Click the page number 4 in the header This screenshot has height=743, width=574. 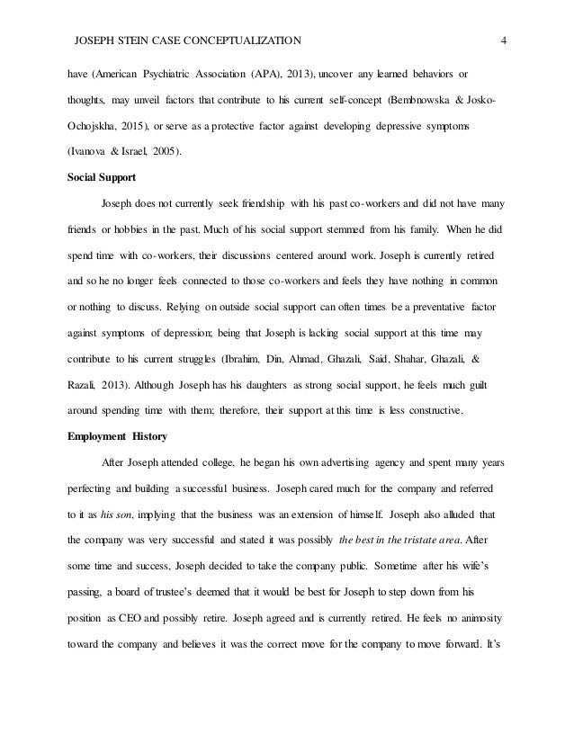point(504,40)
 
